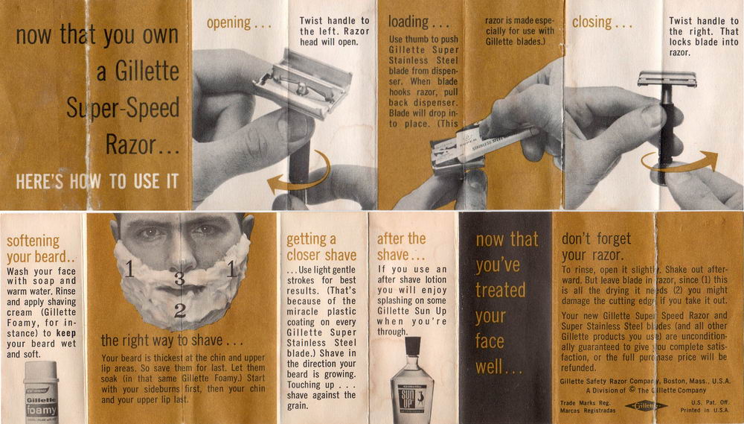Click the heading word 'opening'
pos(228,23)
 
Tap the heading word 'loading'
pos(408,22)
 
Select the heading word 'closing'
pos(591,22)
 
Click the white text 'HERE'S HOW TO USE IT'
pos(97,181)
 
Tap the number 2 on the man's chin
pos(180,311)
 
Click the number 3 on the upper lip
pos(179,278)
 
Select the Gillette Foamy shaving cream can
pos(41,392)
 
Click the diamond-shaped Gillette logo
pos(646,406)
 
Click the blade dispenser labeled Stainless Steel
pos(484,146)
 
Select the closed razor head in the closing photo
pos(667,78)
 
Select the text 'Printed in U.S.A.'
pos(705,410)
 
